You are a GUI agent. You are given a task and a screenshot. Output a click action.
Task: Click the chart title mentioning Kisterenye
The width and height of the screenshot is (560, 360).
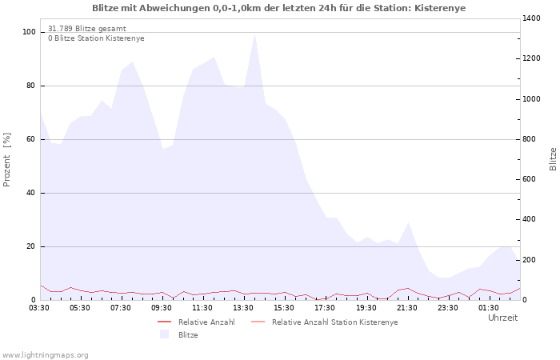278,8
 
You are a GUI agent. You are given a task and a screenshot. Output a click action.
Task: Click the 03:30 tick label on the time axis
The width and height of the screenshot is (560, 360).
39,308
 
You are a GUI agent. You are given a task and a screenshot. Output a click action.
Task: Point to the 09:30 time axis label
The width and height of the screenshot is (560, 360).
162,308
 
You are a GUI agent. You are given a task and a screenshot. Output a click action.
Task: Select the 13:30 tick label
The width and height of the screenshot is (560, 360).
243,308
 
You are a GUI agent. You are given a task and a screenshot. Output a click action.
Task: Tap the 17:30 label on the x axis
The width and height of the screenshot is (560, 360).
325,308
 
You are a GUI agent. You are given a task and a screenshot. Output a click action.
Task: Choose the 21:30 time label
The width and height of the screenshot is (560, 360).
406,308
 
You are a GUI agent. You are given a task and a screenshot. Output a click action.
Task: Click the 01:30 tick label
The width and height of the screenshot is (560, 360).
489,308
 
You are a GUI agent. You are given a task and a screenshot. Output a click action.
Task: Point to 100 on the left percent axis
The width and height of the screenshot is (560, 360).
29,32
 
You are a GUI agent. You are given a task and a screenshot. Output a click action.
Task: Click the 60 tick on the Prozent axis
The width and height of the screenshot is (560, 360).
30,139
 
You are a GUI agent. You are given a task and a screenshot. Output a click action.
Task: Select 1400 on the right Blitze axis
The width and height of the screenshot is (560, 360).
531,18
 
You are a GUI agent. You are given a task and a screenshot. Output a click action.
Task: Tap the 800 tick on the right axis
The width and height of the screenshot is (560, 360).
530,139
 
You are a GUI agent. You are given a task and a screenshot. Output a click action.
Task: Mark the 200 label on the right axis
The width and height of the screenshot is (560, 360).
530,260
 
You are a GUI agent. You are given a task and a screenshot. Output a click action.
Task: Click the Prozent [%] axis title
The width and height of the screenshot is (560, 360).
6,160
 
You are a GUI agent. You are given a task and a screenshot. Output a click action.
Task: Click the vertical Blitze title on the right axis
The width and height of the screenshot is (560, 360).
553,159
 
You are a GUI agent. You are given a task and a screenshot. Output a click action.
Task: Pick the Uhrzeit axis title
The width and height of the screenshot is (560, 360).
502,318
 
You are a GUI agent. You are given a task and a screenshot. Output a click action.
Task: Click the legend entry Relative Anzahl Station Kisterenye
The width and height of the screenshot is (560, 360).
334,322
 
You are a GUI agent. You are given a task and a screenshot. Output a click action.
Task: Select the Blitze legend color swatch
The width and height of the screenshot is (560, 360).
164,334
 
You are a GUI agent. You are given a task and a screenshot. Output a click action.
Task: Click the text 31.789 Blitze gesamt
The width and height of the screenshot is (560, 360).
87,29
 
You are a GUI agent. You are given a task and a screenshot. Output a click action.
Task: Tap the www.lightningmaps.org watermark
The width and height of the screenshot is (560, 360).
44,355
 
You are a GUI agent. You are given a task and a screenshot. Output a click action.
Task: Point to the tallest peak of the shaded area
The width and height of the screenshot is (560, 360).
254,34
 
